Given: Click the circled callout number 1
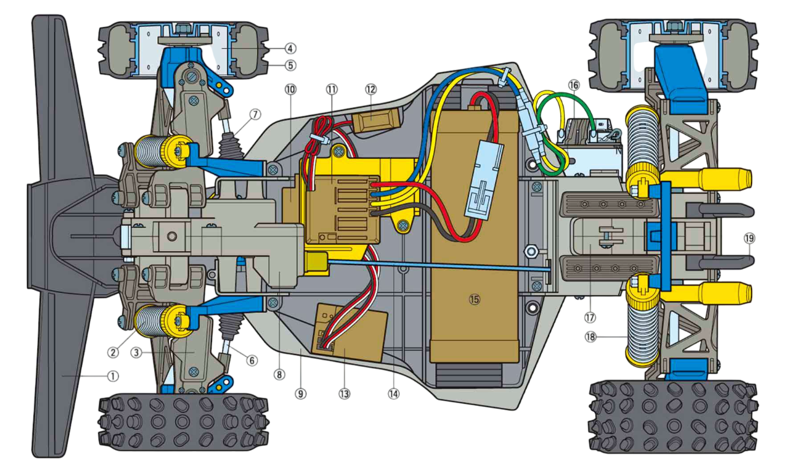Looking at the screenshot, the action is tap(113, 376).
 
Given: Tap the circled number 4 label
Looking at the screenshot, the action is tap(290, 48).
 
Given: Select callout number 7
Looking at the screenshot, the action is tap(255, 115).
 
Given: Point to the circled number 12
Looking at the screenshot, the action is tap(371, 89).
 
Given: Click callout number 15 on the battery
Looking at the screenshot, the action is tap(475, 299).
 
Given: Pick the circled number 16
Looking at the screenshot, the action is tap(573, 85).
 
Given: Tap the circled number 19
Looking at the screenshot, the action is tap(749, 239).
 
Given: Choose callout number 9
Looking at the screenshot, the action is tap(300, 393).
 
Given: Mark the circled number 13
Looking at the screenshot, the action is tap(344, 393).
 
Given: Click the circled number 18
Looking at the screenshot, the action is tap(590, 337).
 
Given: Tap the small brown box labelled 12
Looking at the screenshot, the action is tap(377, 120).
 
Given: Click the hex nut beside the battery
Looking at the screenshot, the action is tap(531, 251).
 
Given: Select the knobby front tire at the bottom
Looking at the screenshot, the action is tap(183, 422).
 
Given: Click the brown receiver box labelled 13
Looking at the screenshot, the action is tap(350, 332).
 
